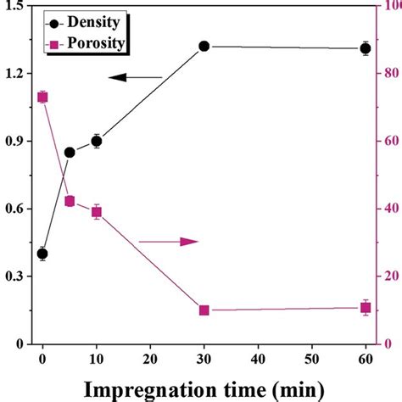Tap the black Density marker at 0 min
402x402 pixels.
tap(42, 254)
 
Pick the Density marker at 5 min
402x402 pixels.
tap(70, 153)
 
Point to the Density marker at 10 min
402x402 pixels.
tap(97, 142)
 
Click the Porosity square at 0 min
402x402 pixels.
tap(42, 98)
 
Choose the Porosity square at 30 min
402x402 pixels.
tap(204, 310)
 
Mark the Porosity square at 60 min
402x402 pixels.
tap(366, 308)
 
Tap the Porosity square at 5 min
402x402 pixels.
tap(70, 201)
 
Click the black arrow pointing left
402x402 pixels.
tap(135, 78)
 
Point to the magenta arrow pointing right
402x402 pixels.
tap(169, 242)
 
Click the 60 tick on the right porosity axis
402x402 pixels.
tap(386, 141)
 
